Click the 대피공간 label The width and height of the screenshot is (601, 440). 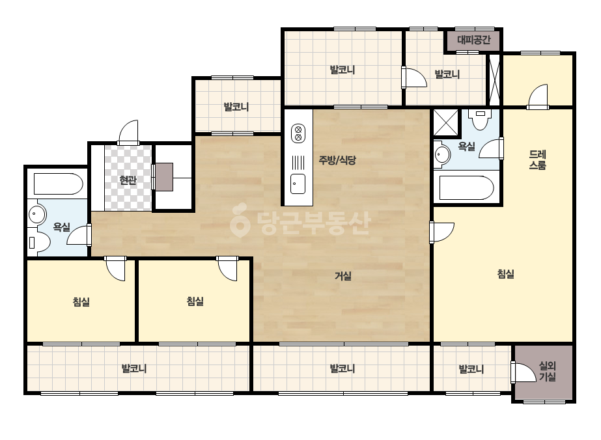tap(473, 40)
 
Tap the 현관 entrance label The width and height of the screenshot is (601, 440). tap(128, 180)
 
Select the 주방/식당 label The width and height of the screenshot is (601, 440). tap(337, 160)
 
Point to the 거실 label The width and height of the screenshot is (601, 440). tap(343, 275)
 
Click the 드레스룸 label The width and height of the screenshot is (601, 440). tap(537, 160)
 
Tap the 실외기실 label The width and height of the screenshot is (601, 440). tap(548, 372)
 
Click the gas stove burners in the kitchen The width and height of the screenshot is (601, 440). tap(298, 133)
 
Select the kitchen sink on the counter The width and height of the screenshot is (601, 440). tap(298, 184)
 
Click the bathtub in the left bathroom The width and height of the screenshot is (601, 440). tap(58, 184)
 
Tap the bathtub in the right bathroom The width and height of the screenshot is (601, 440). tap(466, 188)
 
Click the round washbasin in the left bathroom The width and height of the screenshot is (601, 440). tap(37, 214)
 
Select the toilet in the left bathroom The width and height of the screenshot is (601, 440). tap(40, 242)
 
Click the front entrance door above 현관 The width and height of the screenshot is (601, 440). tap(128, 133)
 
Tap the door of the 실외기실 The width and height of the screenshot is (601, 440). tap(523, 372)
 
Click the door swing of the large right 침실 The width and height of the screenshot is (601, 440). tap(441, 232)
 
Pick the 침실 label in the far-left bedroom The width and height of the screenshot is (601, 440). tap(81, 302)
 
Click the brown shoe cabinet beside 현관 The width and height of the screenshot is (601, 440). tap(164, 177)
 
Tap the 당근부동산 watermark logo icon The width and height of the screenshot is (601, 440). tap(240, 220)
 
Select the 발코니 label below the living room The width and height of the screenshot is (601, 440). tap(342, 368)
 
